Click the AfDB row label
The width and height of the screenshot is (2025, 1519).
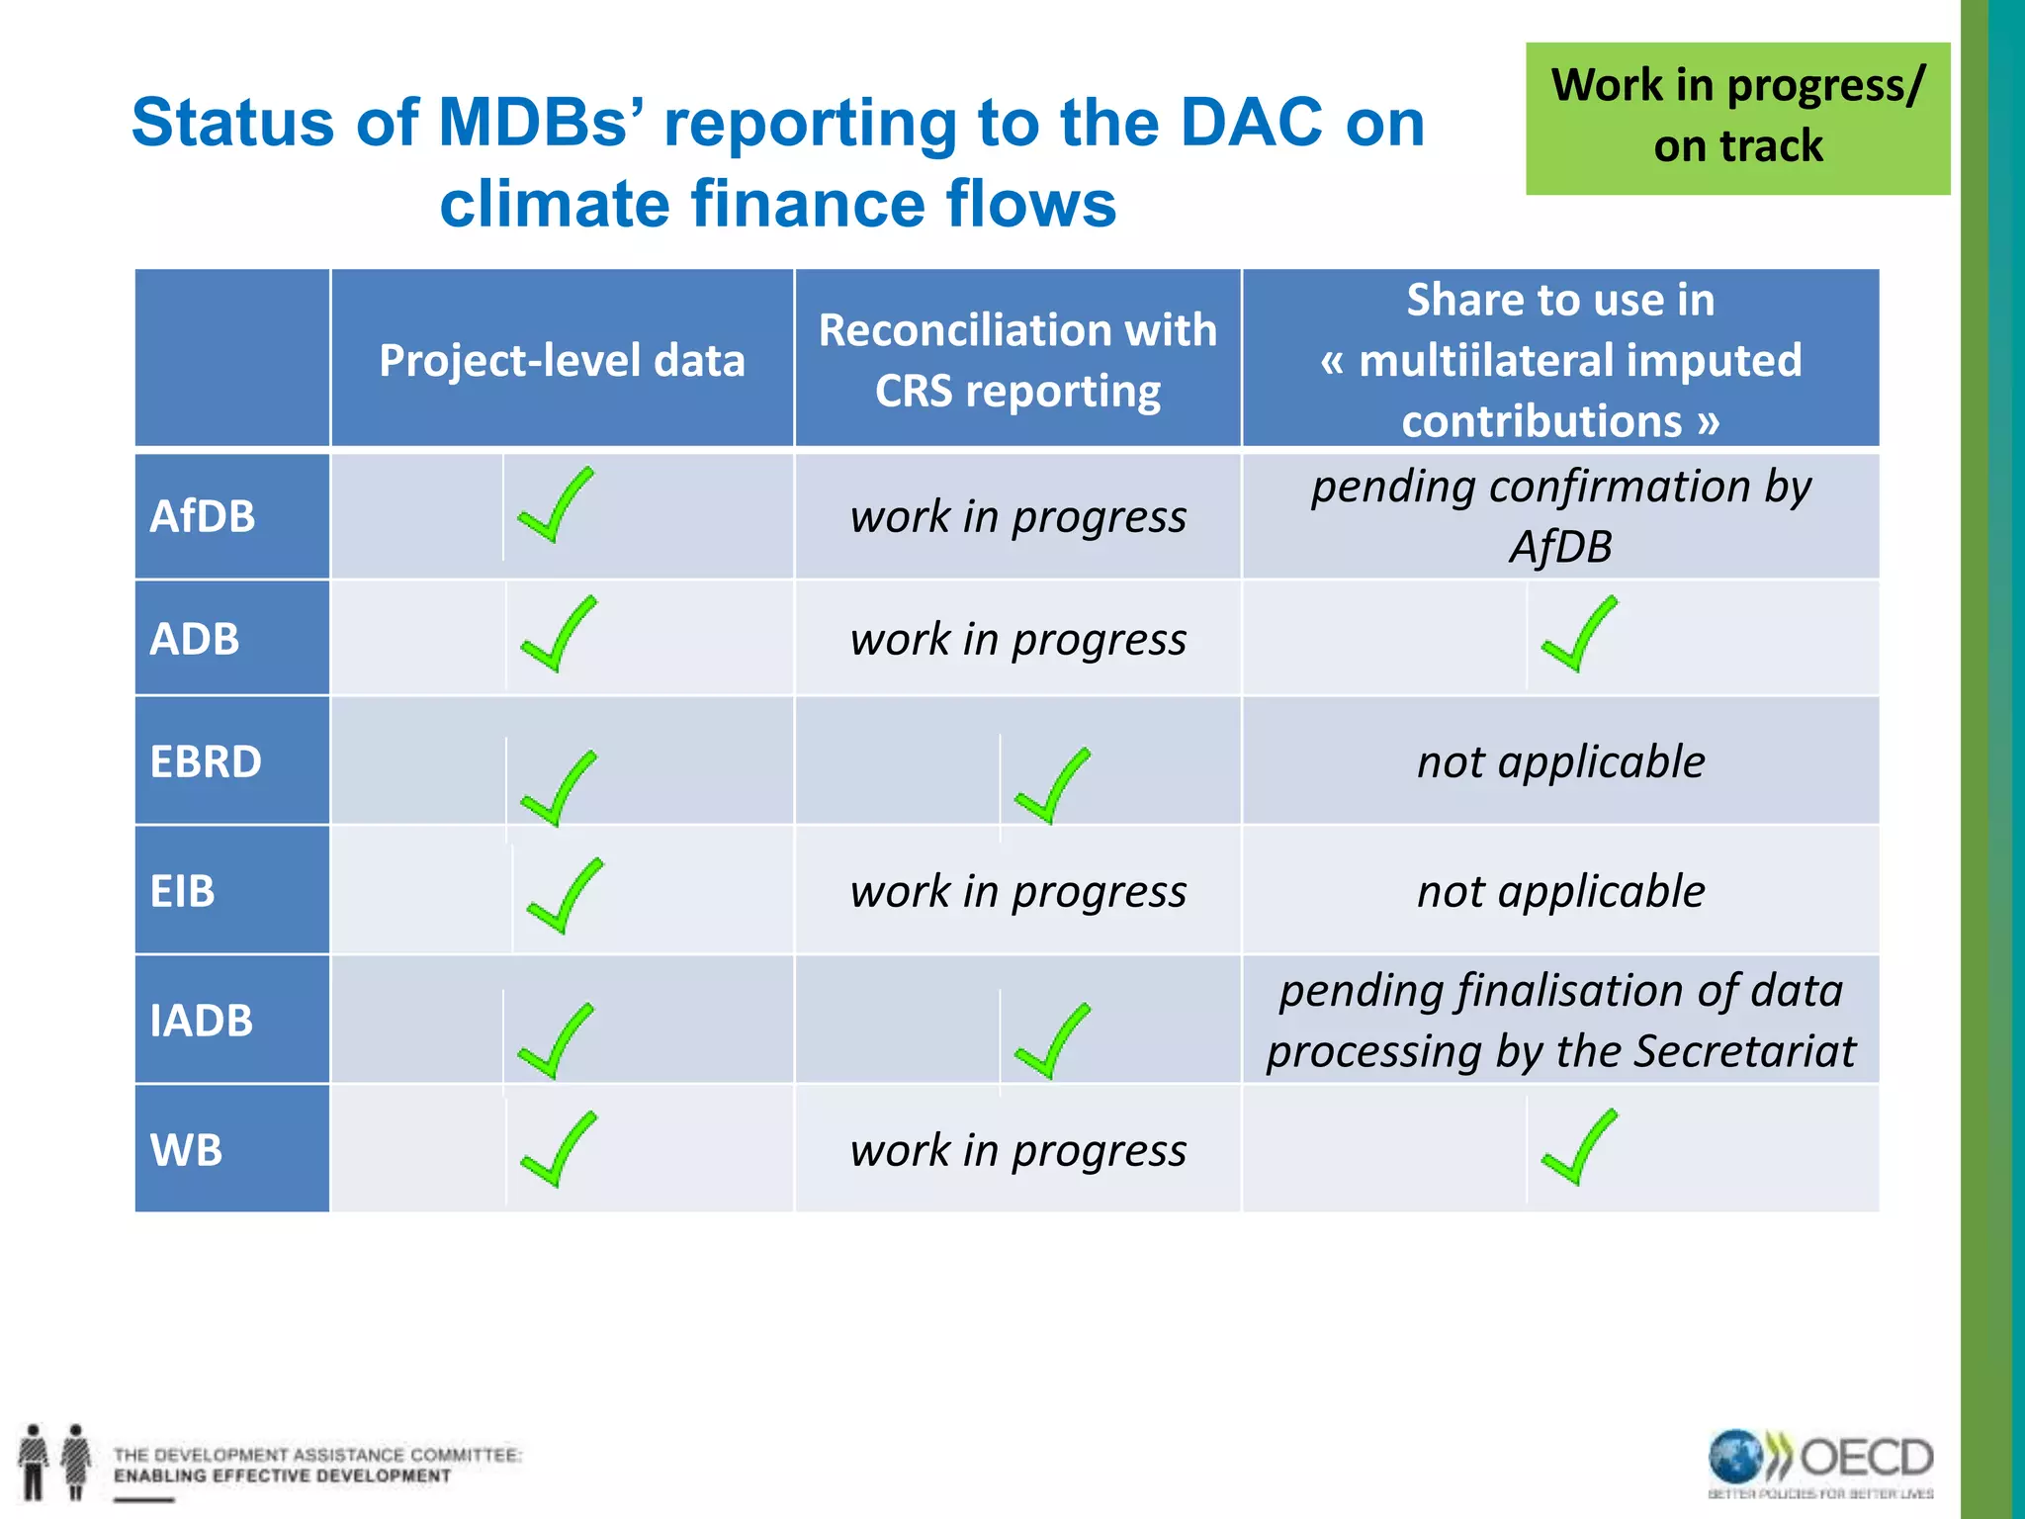pyautogui.click(x=203, y=516)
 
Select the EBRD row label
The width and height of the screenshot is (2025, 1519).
pyautogui.click(x=206, y=761)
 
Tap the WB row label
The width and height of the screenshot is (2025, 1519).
pyautogui.click(x=186, y=1150)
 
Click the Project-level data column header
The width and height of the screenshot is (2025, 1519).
pyautogui.click(x=562, y=360)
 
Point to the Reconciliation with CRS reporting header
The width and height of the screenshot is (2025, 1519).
pyautogui.click(x=1017, y=360)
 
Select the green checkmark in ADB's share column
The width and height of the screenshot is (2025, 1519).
pyautogui.click(x=1578, y=636)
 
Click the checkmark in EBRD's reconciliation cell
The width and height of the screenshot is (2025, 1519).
pyautogui.click(x=1052, y=786)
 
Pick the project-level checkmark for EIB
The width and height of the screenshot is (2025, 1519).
pyautogui.click(x=564, y=896)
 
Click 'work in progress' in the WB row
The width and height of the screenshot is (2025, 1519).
pyautogui.click(x=1017, y=1150)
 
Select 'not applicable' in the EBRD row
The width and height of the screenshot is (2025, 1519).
pyautogui.click(x=1560, y=761)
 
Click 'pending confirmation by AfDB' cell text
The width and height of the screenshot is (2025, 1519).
pyautogui.click(x=1560, y=515)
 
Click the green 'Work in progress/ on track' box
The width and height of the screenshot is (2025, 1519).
pyautogui.click(x=1737, y=118)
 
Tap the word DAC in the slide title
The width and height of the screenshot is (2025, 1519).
pyautogui.click(x=1251, y=123)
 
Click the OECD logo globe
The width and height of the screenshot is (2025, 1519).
pyautogui.click(x=1735, y=1457)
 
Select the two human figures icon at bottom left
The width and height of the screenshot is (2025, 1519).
pyautogui.click(x=54, y=1462)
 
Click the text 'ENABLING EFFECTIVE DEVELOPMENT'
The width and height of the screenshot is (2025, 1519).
pyautogui.click(x=282, y=1476)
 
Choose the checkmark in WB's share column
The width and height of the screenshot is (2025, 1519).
pyautogui.click(x=1578, y=1148)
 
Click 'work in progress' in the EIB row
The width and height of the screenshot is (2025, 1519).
pyautogui.click(x=1017, y=891)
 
